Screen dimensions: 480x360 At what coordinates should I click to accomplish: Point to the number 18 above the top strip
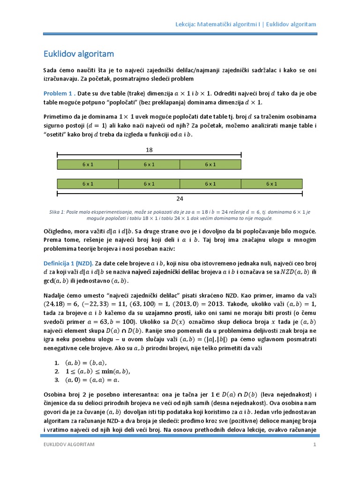tap(149, 150)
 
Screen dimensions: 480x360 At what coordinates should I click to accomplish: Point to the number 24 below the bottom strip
tap(180, 198)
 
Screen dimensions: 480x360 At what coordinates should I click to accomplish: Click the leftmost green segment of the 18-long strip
tap(88, 164)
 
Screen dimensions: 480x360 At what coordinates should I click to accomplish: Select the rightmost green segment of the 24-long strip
tap(271, 184)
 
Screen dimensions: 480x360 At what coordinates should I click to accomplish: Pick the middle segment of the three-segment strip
tap(149, 164)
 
